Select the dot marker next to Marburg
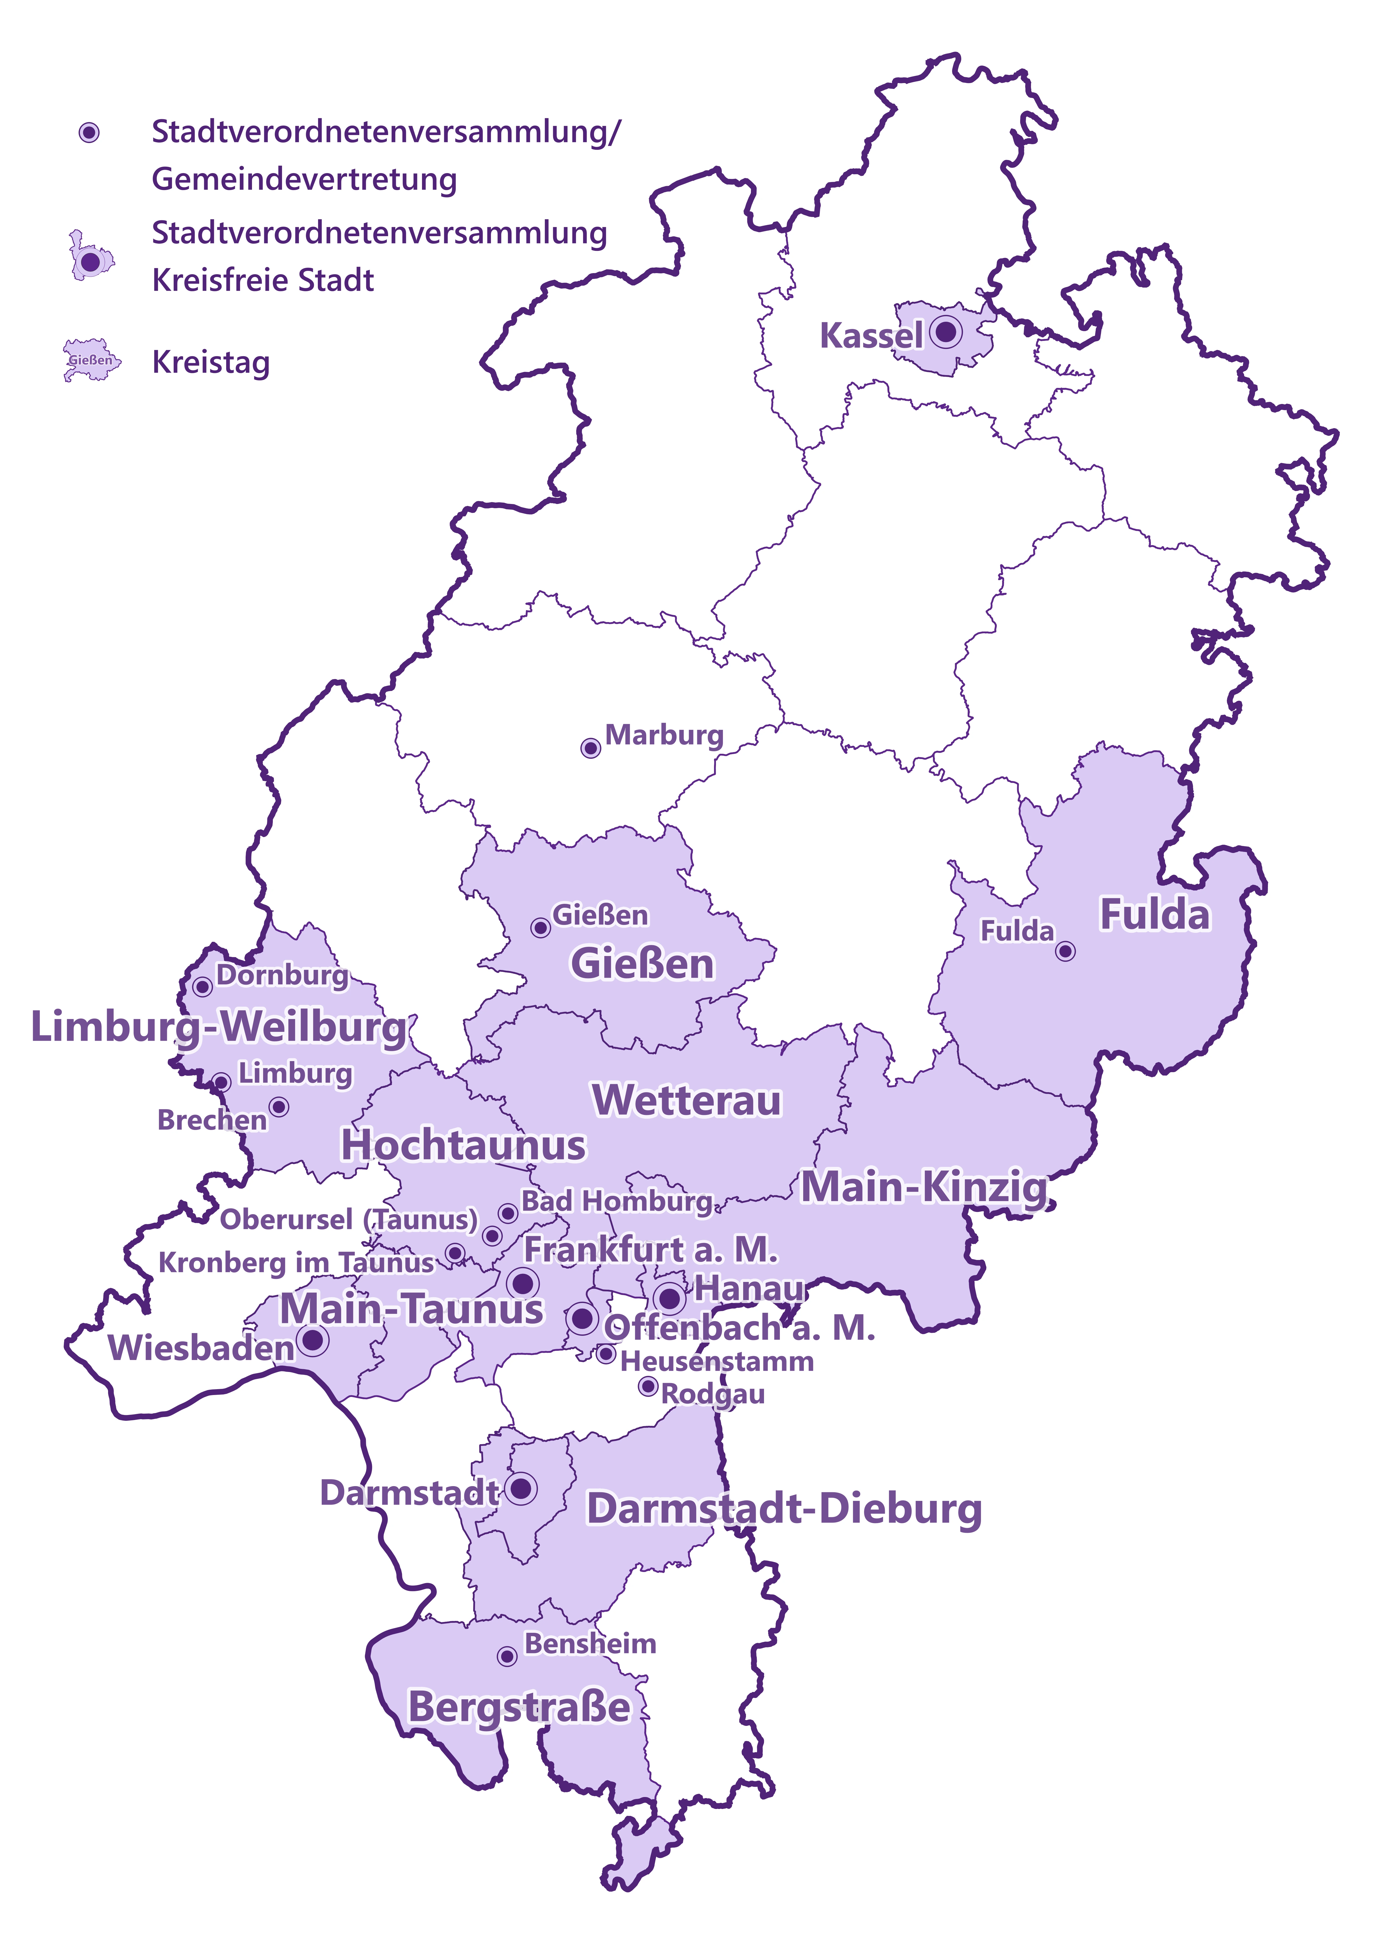coord(590,748)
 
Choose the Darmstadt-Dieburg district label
coord(784,1509)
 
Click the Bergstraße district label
coord(520,1707)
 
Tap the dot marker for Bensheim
coord(507,1656)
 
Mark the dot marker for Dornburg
coord(202,986)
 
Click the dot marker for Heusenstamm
coord(605,1354)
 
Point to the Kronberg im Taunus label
coord(296,1262)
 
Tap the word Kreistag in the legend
coord(211,363)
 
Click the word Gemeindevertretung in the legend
coord(304,179)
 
